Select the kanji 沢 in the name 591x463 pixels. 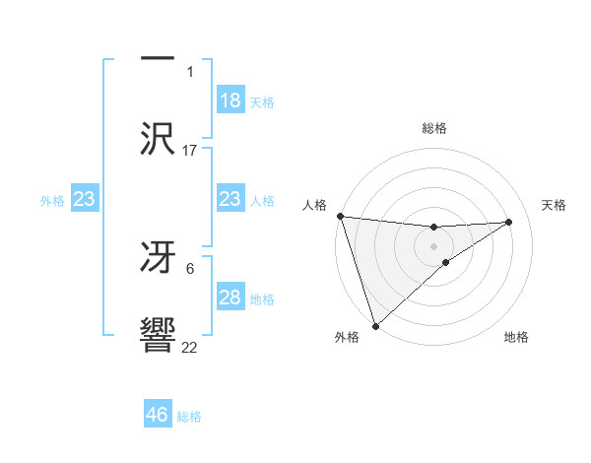tap(159, 139)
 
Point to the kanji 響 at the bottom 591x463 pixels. tap(159, 335)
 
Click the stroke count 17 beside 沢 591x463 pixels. tap(190, 150)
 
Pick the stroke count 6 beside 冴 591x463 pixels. tap(190, 268)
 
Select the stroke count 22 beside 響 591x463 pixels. tap(190, 347)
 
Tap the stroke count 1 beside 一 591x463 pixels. tap(190, 71)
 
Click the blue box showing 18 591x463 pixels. tap(230, 100)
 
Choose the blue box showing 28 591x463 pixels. tap(230, 298)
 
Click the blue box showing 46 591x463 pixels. tap(158, 415)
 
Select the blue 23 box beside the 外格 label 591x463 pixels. tap(85, 199)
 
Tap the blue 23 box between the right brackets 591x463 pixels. tap(230, 199)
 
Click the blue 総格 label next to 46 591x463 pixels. tap(189, 417)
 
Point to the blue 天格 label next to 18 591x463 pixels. tap(262, 102)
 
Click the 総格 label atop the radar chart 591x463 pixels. tap(434, 128)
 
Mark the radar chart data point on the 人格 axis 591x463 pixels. tap(340, 216)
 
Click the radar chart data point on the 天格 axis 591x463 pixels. tap(509, 222)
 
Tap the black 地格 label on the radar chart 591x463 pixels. tap(516, 337)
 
